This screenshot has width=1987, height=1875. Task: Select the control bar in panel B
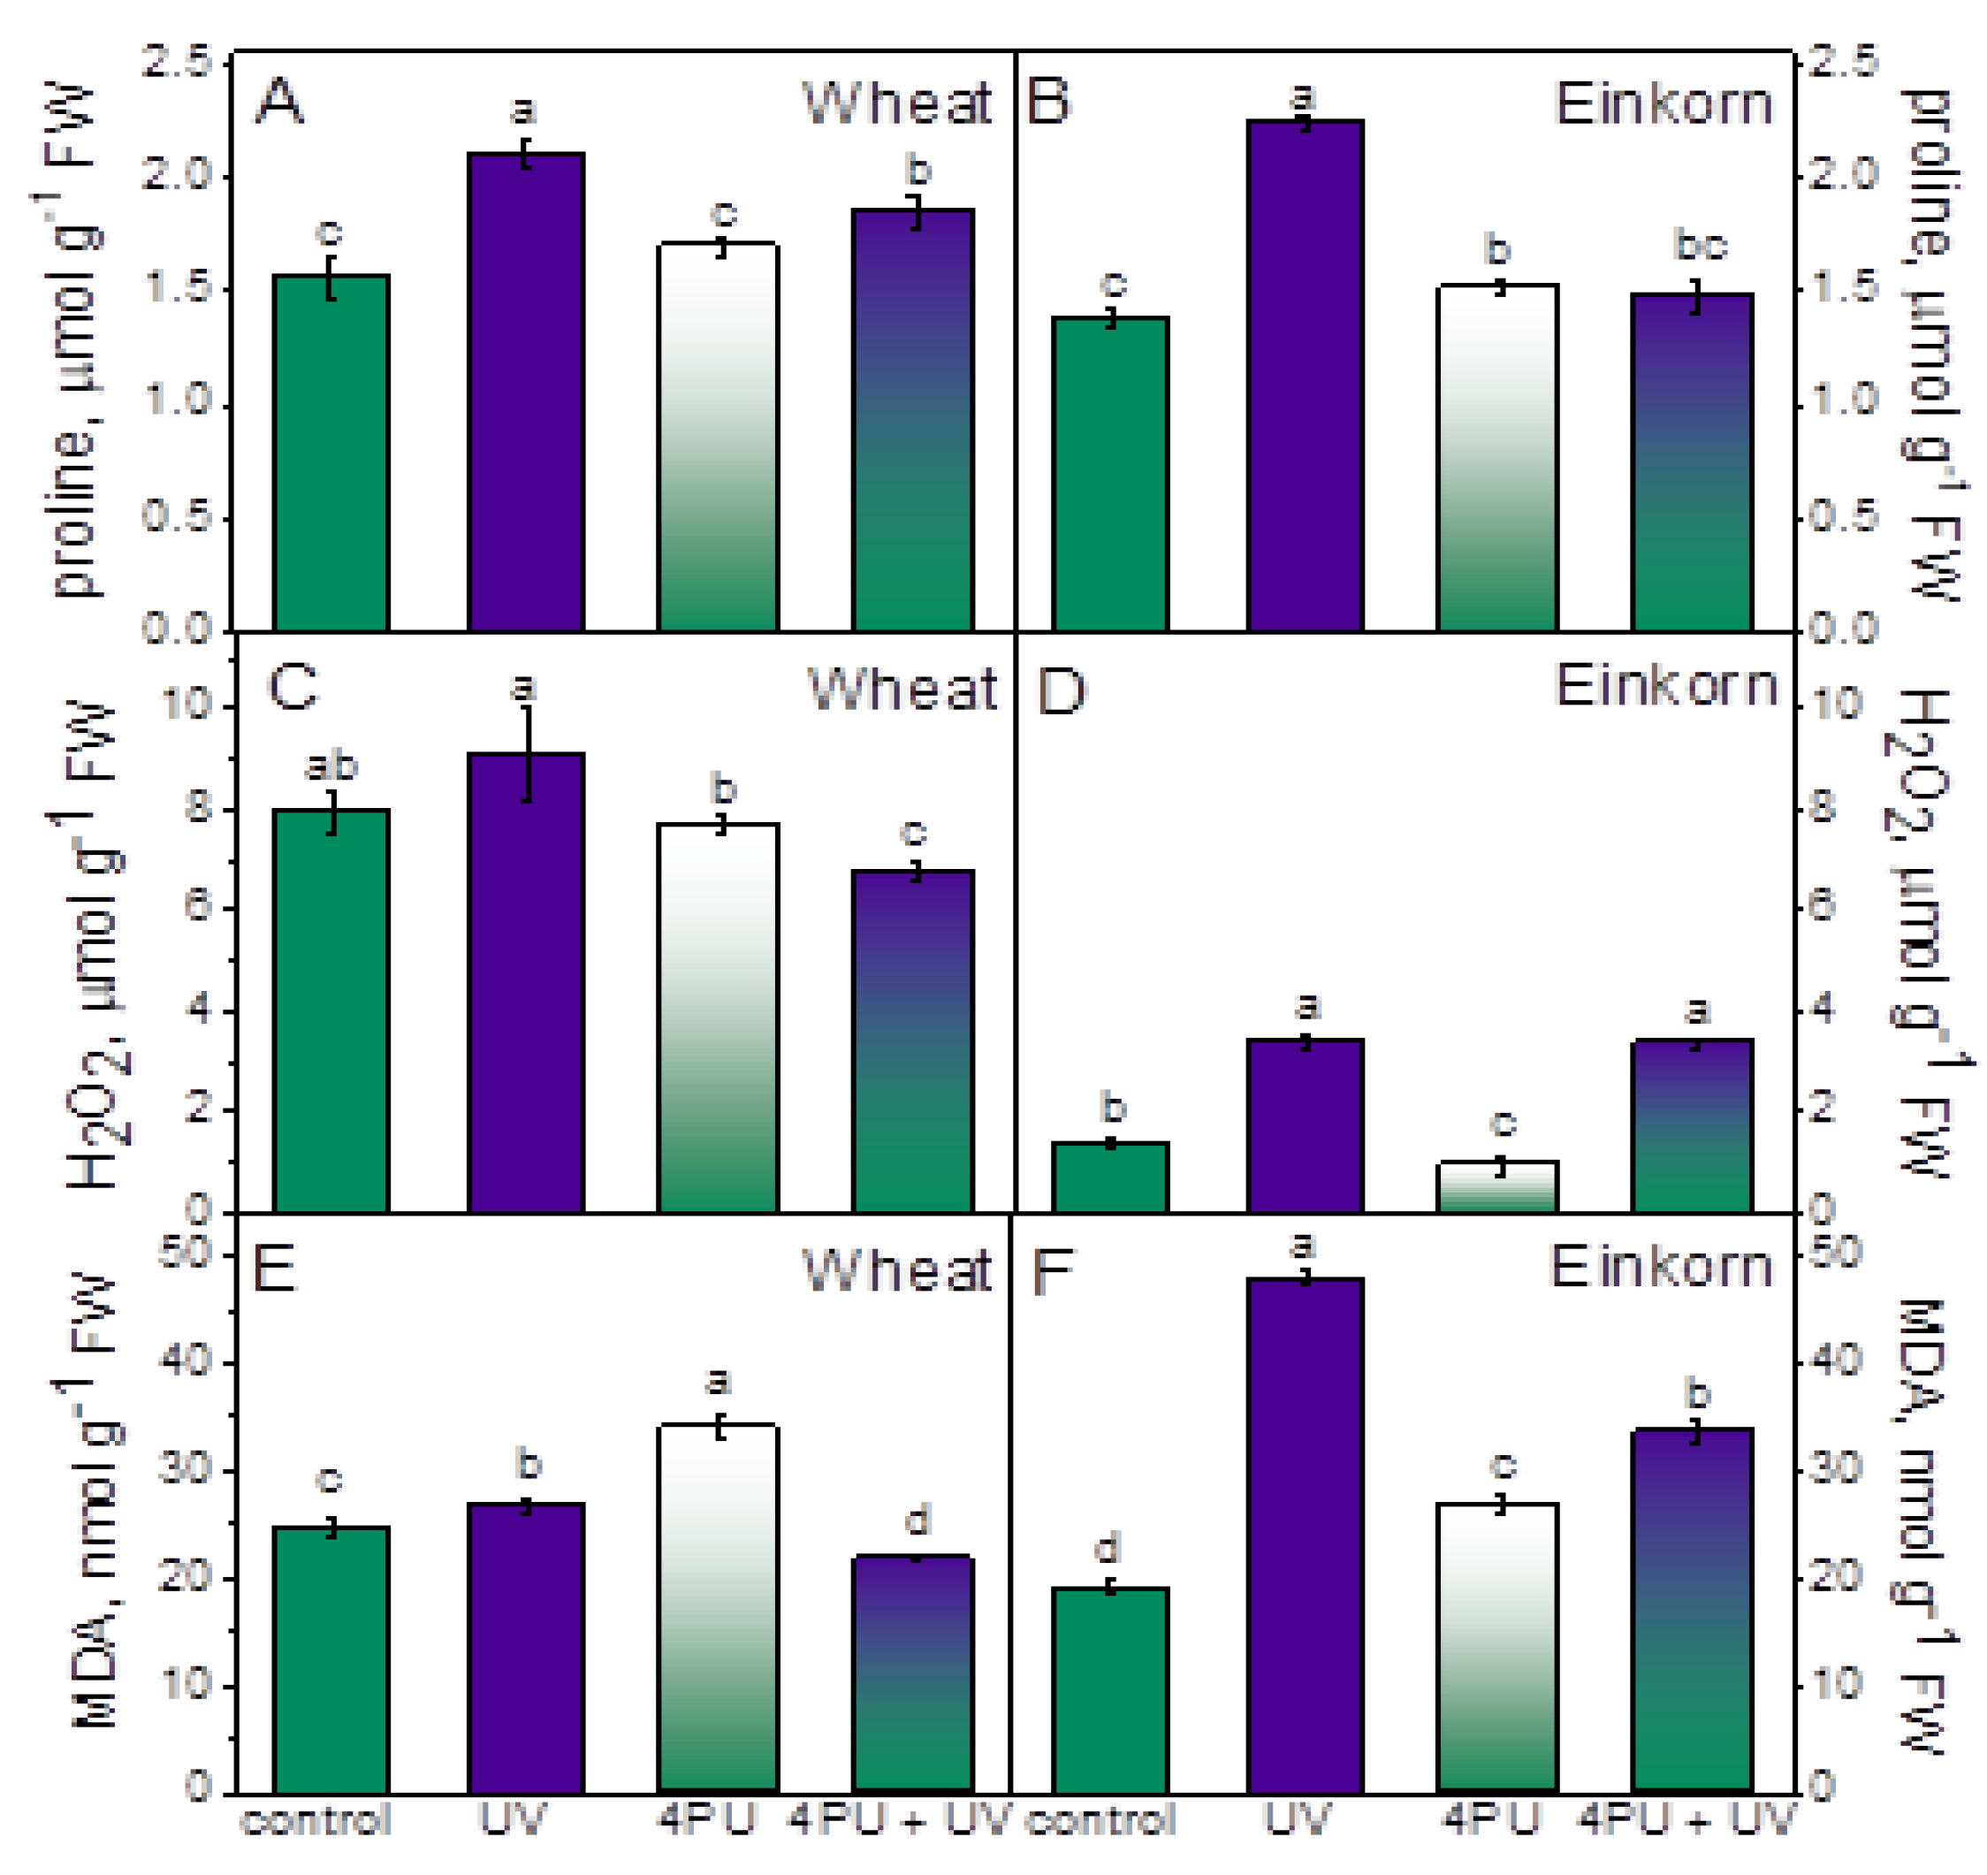pyautogui.click(x=1109, y=474)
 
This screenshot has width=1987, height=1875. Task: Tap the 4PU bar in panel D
pyautogui.click(x=1496, y=1186)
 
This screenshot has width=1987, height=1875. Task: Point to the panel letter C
pyautogui.click(x=293, y=687)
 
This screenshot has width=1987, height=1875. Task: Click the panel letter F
pyautogui.click(x=1052, y=1272)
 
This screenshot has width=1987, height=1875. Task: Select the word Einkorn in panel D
pyautogui.click(x=1666, y=686)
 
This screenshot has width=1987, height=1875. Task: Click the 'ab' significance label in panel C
pyautogui.click(x=331, y=766)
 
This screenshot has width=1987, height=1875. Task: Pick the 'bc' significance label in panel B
pyautogui.click(x=1700, y=245)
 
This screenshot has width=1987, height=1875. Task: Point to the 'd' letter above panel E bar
pyautogui.click(x=917, y=1521)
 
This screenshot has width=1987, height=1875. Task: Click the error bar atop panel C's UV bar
pyautogui.click(x=527, y=755)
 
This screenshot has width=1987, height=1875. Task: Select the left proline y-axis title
pyautogui.click(x=75, y=339)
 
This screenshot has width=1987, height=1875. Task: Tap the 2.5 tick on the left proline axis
pyautogui.click(x=178, y=62)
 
